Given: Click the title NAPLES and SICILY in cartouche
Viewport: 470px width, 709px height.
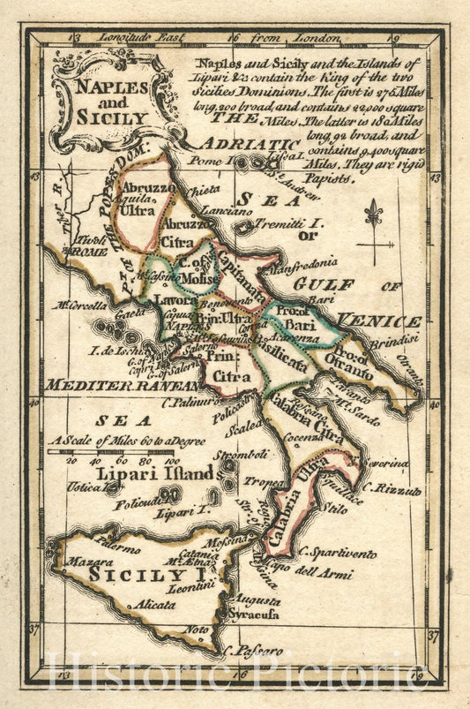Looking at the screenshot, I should coord(112,102).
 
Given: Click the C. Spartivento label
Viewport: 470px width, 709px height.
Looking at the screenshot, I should coord(339,554).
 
